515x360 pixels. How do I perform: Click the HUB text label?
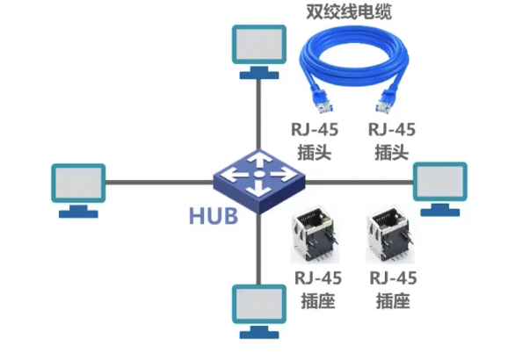click(214, 215)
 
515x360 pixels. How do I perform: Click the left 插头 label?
click(315, 152)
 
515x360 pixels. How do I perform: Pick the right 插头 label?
click(392, 152)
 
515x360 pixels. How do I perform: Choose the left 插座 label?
click(315, 301)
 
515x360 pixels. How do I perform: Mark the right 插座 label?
click(392, 301)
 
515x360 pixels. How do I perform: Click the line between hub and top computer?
click(259, 114)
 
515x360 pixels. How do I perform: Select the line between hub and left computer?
click(158, 183)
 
